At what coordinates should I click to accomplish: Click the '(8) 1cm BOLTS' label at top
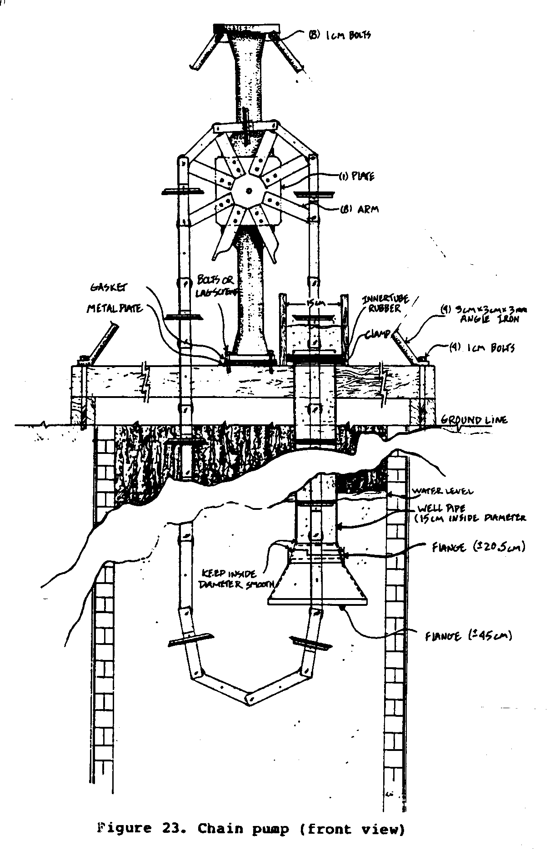(340, 35)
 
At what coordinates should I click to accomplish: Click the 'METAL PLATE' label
(115, 309)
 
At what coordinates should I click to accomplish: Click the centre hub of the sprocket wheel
(248, 191)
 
